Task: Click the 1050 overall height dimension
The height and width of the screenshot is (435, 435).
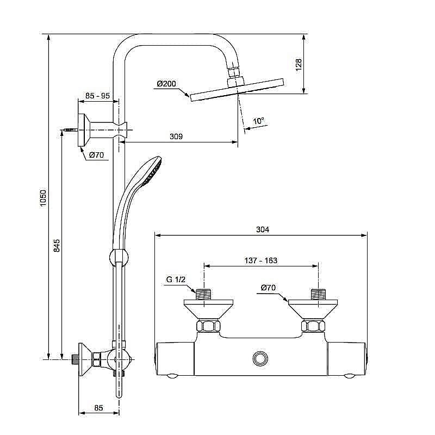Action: click(43, 198)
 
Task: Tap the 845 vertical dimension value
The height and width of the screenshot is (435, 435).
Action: click(57, 246)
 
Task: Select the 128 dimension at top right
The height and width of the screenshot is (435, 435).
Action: click(299, 65)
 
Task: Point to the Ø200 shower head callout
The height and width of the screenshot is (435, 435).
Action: click(166, 84)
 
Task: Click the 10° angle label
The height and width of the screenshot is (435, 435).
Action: click(259, 121)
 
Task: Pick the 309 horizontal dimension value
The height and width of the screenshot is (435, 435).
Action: click(176, 136)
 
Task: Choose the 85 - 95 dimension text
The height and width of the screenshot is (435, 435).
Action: click(98, 96)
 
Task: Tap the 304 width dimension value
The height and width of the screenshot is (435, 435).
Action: click(263, 229)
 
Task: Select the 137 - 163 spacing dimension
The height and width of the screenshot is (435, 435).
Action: click(261, 260)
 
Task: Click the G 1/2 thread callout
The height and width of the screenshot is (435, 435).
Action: click(176, 279)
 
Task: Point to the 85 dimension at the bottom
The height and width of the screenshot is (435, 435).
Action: click(98, 407)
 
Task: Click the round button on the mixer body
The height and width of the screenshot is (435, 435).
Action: click(260, 358)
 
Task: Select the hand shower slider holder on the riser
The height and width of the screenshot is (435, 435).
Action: click(119, 257)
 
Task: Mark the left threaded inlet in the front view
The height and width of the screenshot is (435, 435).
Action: click(203, 294)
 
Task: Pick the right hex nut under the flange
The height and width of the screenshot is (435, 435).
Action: click(313, 326)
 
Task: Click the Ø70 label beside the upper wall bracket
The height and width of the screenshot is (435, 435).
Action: click(97, 155)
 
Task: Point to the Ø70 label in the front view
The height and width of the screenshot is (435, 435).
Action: click(268, 288)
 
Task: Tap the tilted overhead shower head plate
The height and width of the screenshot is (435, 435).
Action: click(237, 90)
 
